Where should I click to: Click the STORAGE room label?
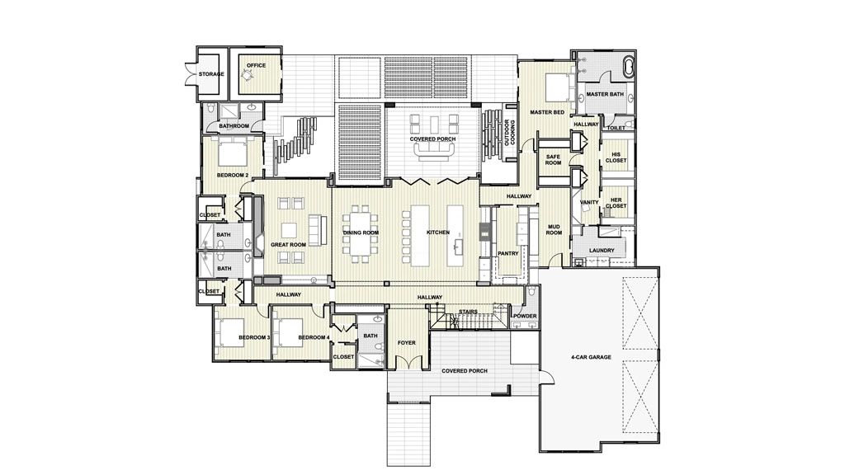point(211,74)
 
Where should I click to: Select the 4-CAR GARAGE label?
point(589,358)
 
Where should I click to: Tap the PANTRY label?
point(507,253)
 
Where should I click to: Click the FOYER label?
point(406,341)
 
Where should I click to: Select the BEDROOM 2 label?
point(233,175)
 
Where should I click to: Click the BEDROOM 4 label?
point(314,337)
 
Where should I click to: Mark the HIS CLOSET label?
point(616,157)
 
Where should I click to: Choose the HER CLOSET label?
point(616,203)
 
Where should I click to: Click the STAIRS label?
point(469,312)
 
